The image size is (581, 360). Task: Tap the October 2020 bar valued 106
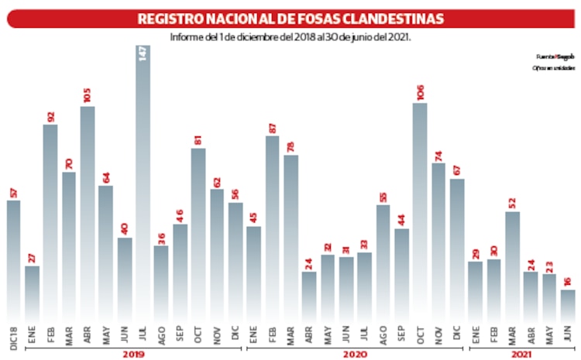point(421,212)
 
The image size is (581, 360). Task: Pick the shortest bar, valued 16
point(568,305)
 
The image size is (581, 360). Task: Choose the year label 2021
point(522,354)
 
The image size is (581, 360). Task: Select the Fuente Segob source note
point(548,57)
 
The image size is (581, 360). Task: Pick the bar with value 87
point(273,228)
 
